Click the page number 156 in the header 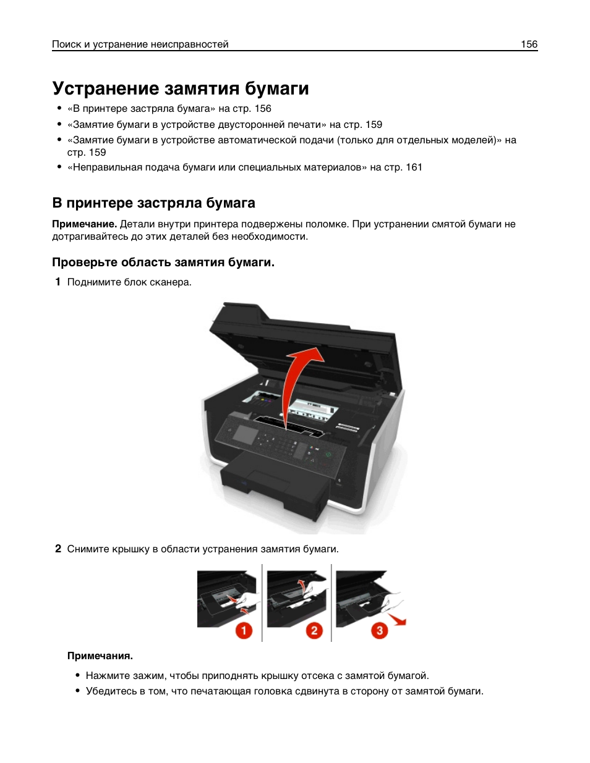pos(529,44)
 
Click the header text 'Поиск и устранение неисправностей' pos(140,44)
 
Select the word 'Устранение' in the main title pos(106,88)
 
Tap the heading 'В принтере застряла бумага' pos(153,203)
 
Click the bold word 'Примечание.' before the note pos(84,224)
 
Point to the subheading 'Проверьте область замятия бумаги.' pos(163,262)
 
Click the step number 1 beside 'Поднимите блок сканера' pos(58,282)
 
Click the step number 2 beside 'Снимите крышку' pos(58,549)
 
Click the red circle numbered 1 pos(244,630)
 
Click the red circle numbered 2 pos(314,630)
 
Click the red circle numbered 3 pos(379,630)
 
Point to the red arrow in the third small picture pos(397,620)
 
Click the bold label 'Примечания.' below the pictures pos(100,656)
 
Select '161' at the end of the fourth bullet pos(414,167)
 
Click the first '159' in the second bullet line pos(374,124)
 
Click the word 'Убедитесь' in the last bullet pos(109,691)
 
